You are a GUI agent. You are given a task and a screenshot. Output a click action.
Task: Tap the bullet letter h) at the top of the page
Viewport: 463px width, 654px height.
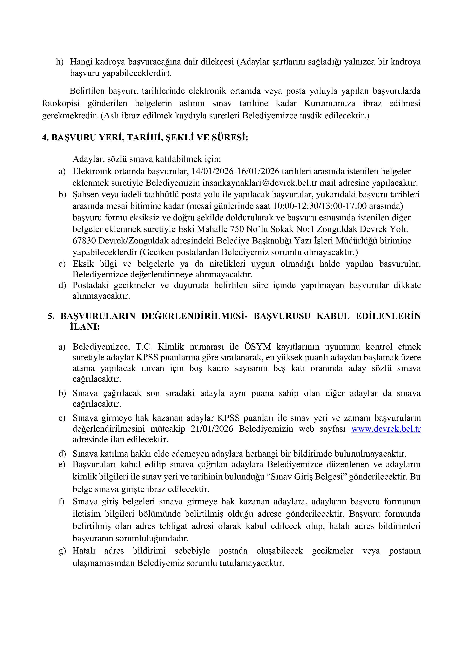point(60,62)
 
